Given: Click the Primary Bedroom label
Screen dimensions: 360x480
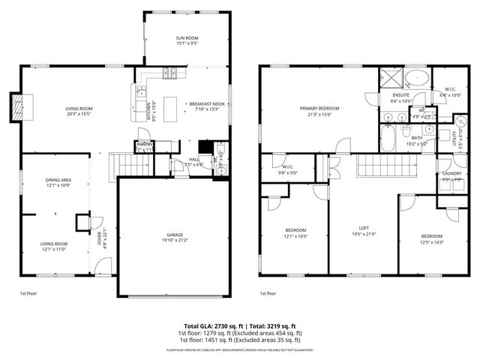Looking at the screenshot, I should coord(316,109).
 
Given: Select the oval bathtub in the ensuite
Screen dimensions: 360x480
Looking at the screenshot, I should coord(417,78).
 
